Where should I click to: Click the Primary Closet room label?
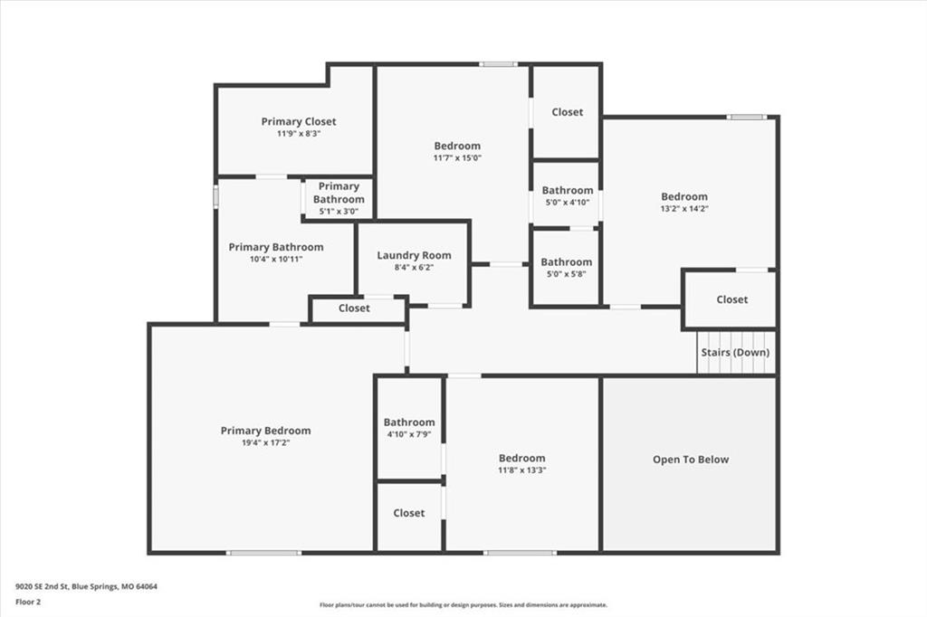[x=299, y=121]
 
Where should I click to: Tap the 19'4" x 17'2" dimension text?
[x=265, y=442]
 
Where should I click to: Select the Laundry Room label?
[x=414, y=255]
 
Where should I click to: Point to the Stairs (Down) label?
[x=735, y=352]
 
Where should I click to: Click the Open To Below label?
[x=691, y=460]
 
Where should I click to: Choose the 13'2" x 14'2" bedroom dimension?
[x=684, y=209]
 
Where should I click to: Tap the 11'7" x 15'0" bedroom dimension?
[x=457, y=157]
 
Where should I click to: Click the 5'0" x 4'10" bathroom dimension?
[x=567, y=202]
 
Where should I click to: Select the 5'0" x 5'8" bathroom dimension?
[x=567, y=273]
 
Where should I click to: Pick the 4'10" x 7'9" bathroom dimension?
[x=409, y=433]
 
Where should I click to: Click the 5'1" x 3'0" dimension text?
[x=339, y=211]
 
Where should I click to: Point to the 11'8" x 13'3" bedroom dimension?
[x=521, y=470]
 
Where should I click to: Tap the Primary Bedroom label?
[x=265, y=431]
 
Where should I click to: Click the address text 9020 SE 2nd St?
[x=43, y=587]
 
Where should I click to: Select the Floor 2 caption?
[x=28, y=603]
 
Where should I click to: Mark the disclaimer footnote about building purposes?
[x=463, y=604]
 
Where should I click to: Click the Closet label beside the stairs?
[x=731, y=299]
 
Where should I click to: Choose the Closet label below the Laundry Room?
[x=354, y=308]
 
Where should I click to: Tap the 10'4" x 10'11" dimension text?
[x=276, y=259]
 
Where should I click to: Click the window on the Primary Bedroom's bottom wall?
[x=263, y=553]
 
